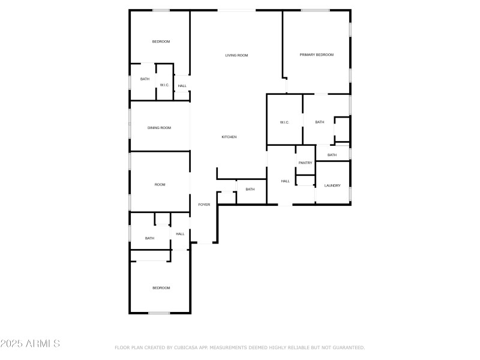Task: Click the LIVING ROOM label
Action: pos(236,55)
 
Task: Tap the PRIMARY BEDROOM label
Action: pos(316,55)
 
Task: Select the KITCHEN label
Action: pos(229,137)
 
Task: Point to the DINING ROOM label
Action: pos(160,127)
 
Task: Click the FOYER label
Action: pos(204,205)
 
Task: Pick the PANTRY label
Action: pos(305,163)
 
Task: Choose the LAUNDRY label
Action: pos(332,185)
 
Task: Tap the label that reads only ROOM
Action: pos(160,184)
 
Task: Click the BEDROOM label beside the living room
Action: pos(161,41)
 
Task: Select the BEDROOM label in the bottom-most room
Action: pos(161,288)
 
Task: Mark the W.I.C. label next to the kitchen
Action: pos(284,122)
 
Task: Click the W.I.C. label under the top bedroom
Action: pos(164,85)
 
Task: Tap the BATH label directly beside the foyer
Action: pos(250,189)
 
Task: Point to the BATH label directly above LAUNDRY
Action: pos(332,155)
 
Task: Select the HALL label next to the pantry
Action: pos(286,181)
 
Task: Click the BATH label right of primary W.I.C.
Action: pos(319,122)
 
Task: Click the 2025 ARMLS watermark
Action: pos(30,344)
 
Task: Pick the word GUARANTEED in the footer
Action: pos(347,347)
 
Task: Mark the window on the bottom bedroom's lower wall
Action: pos(159,313)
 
